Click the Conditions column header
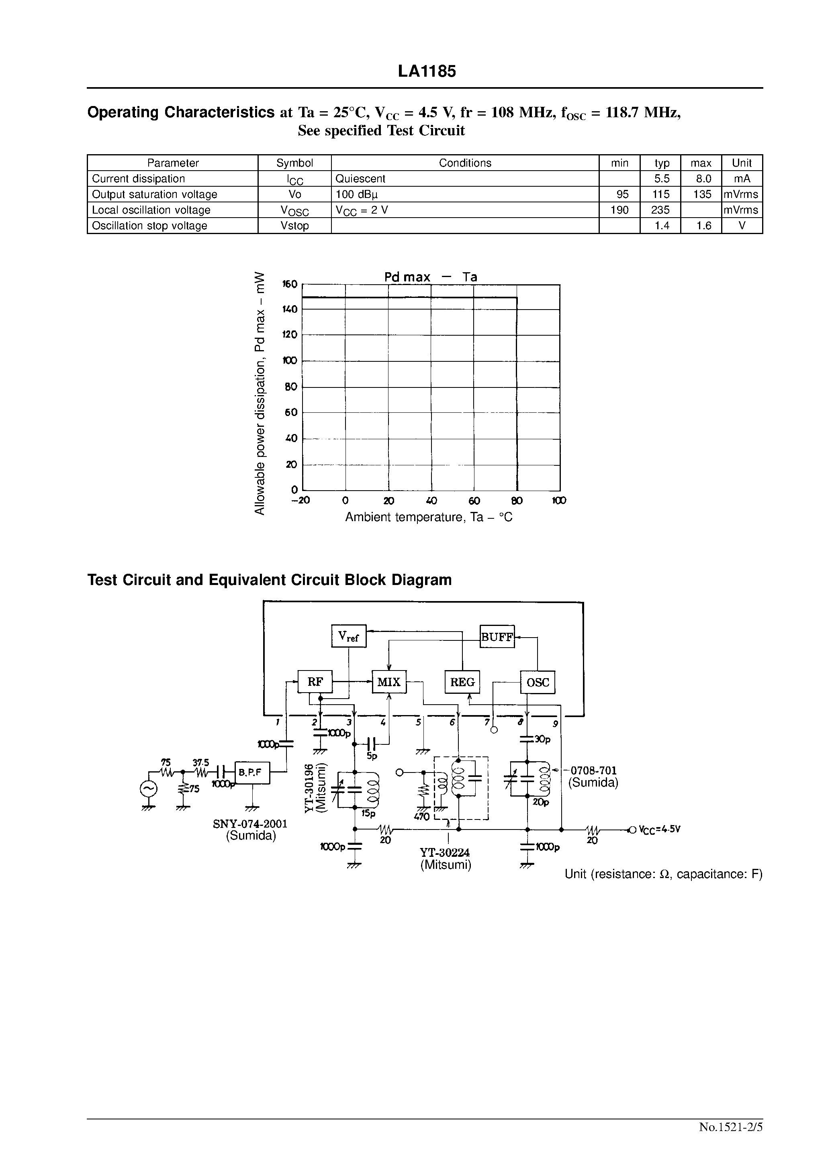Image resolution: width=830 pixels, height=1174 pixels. pos(465,163)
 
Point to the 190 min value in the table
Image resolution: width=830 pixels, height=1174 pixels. pos(619,210)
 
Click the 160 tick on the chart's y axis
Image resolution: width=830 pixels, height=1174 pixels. pos(290,284)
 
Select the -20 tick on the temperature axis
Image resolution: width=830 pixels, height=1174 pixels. pos(301,501)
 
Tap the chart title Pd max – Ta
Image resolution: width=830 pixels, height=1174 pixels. pos(430,277)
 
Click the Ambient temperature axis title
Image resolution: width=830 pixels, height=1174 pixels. pos(428,518)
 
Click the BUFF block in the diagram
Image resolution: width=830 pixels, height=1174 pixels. pos(497,637)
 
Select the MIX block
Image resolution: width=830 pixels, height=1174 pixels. pos(389,682)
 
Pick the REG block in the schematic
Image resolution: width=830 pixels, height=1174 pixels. pos(462,682)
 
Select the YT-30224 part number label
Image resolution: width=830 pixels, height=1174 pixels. pos(445,853)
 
